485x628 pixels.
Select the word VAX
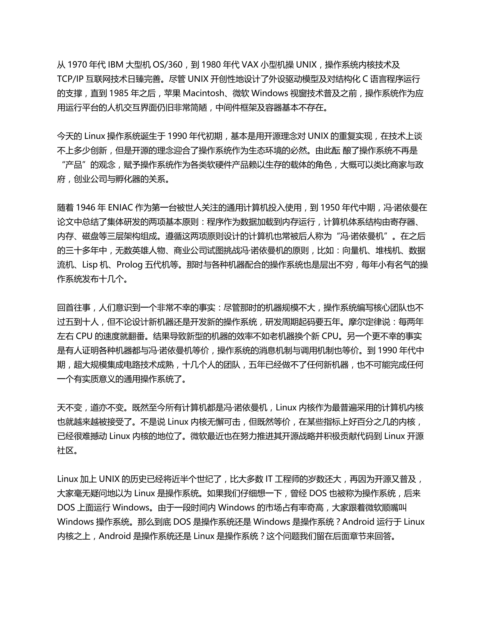(x=250, y=65)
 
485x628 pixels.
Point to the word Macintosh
(x=204, y=93)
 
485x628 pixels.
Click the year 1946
(x=86, y=208)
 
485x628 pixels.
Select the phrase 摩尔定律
(x=365, y=322)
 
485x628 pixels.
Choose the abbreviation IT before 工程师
(x=269, y=479)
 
